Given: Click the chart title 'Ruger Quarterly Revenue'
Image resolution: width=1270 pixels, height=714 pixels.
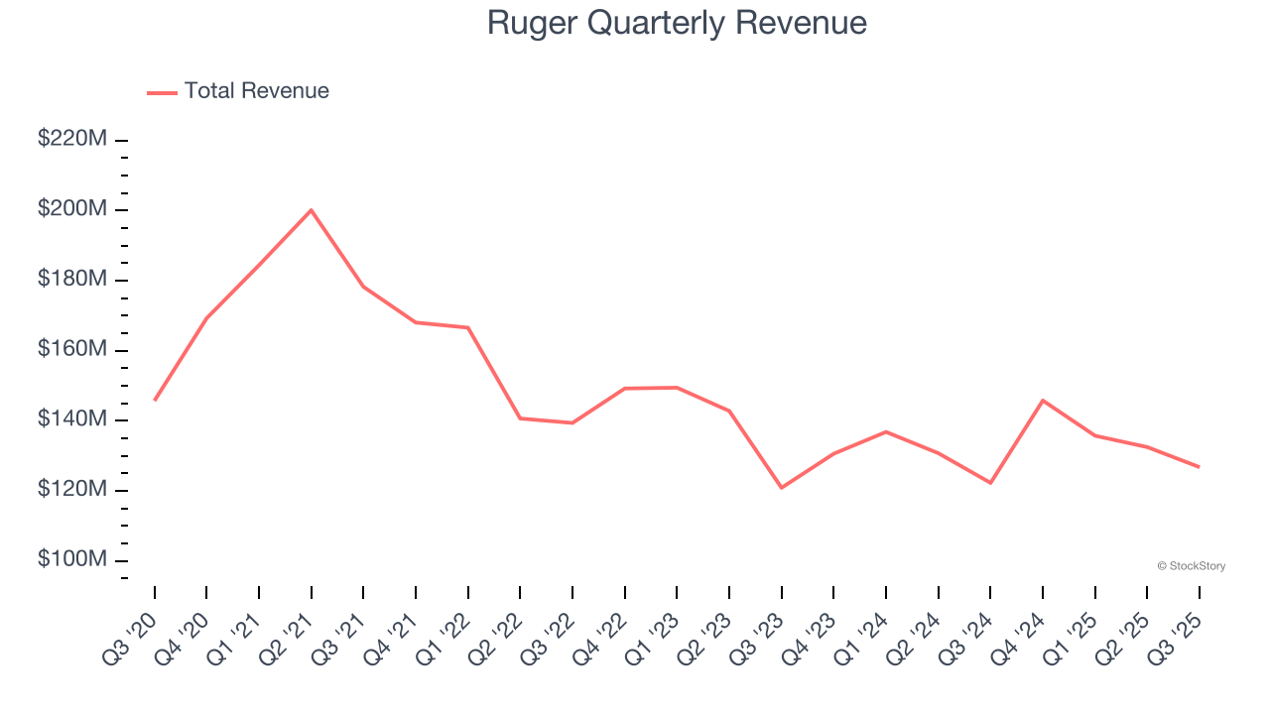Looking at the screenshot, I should click(677, 23).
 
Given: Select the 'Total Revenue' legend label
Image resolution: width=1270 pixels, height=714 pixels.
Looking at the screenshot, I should click(256, 91).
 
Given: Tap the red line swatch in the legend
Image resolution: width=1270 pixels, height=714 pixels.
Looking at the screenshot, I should click(162, 92).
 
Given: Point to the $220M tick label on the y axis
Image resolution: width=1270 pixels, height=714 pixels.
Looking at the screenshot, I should click(72, 140).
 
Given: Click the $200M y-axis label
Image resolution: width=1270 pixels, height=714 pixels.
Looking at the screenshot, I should click(72, 209).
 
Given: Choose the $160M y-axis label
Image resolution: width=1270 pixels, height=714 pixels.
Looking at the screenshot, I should click(72, 350).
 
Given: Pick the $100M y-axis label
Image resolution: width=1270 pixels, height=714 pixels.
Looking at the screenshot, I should click(72, 560).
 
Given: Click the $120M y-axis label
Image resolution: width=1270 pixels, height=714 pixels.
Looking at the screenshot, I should click(72, 490).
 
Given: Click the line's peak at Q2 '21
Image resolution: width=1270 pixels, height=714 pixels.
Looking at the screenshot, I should click(312, 210).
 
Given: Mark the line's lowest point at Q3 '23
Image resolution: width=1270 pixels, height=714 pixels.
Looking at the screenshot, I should click(782, 487).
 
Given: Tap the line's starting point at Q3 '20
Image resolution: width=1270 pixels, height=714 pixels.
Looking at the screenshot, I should click(155, 400).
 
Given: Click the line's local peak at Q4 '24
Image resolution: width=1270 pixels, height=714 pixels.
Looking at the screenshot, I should click(1043, 400).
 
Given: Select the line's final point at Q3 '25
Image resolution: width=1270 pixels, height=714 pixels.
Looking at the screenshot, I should click(1199, 467).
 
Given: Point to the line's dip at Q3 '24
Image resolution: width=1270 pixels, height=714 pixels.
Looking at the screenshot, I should click(990, 483).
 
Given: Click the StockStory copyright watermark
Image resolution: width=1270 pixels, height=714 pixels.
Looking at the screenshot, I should click(1191, 566).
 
